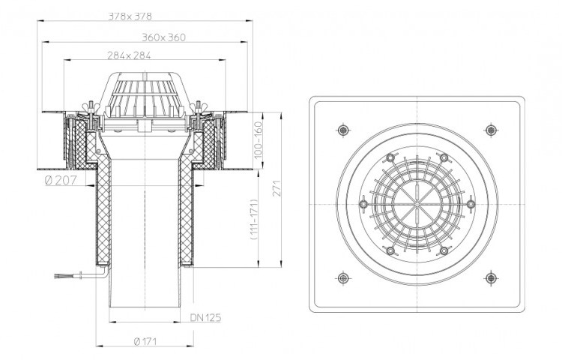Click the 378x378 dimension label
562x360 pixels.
click(x=130, y=16)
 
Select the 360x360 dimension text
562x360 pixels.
click(x=164, y=37)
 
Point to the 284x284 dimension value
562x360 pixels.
click(x=129, y=55)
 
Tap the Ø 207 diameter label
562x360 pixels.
click(x=61, y=180)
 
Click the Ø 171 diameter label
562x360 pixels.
click(x=145, y=341)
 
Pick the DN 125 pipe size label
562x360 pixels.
click(x=205, y=317)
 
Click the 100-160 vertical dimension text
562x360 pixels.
click(x=258, y=139)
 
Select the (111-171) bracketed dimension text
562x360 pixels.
click(x=254, y=220)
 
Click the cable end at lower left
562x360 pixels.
click(x=57, y=276)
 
